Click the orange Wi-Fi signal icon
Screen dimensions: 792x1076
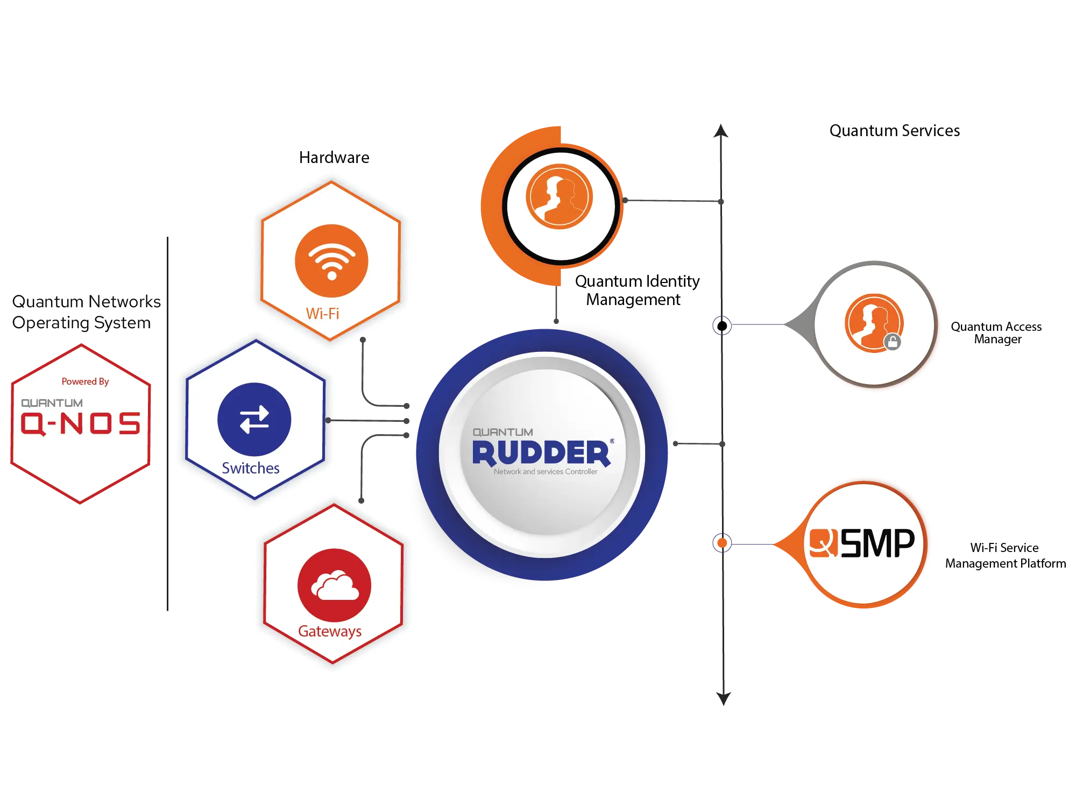pyautogui.click(x=331, y=261)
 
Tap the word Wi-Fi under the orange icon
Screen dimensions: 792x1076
pyautogui.click(x=322, y=314)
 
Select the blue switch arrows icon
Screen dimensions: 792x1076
pyautogui.click(x=254, y=419)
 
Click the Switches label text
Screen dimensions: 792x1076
pyautogui.click(x=250, y=468)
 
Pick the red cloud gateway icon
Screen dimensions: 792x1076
pyautogui.click(x=334, y=585)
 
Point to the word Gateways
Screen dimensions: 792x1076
pyautogui.click(x=329, y=631)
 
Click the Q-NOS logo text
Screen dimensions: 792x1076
pyautogui.click(x=80, y=423)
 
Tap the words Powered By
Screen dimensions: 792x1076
pyautogui.click(x=85, y=381)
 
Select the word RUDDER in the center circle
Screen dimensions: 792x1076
pyautogui.click(x=541, y=452)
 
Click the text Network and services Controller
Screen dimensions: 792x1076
pyautogui.click(x=545, y=472)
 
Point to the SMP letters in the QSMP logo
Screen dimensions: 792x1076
pyautogui.click(x=877, y=543)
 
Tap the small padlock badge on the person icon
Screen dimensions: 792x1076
pyautogui.click(x=892, y=342)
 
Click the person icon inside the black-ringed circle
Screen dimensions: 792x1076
pyautogui.click(x=559, y=197)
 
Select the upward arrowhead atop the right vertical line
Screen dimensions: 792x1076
pyautogui.click(x=721, y=129)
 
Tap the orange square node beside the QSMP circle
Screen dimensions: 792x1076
pyautogui.click(x=721, y=543)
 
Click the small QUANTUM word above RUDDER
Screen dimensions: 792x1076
pyautogui.click(x=502, y=432)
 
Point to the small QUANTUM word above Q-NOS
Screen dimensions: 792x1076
pyautogui.click(x=52, y=403)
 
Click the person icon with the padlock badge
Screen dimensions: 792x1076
pyautogui.click(x=872, y=322)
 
